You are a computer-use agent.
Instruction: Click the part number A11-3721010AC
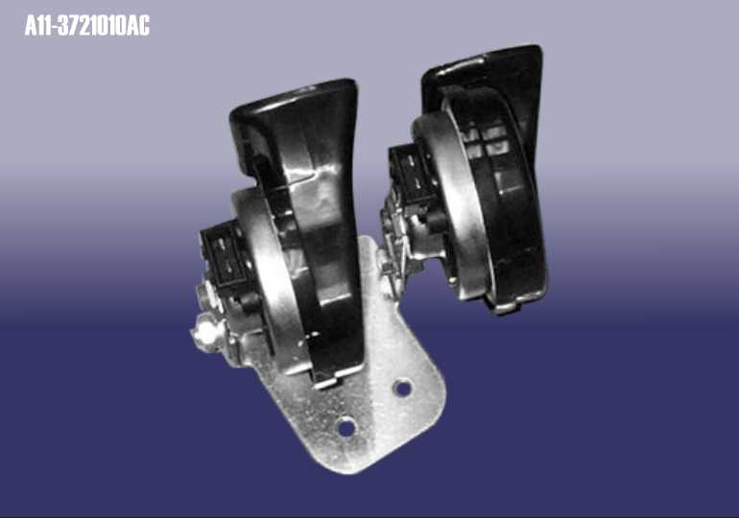tap(87, 26)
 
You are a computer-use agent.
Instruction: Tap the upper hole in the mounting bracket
tap(402, 388)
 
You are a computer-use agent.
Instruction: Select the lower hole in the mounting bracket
tap(346, 427)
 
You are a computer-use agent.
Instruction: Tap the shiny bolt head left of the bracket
tap(205, 331)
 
